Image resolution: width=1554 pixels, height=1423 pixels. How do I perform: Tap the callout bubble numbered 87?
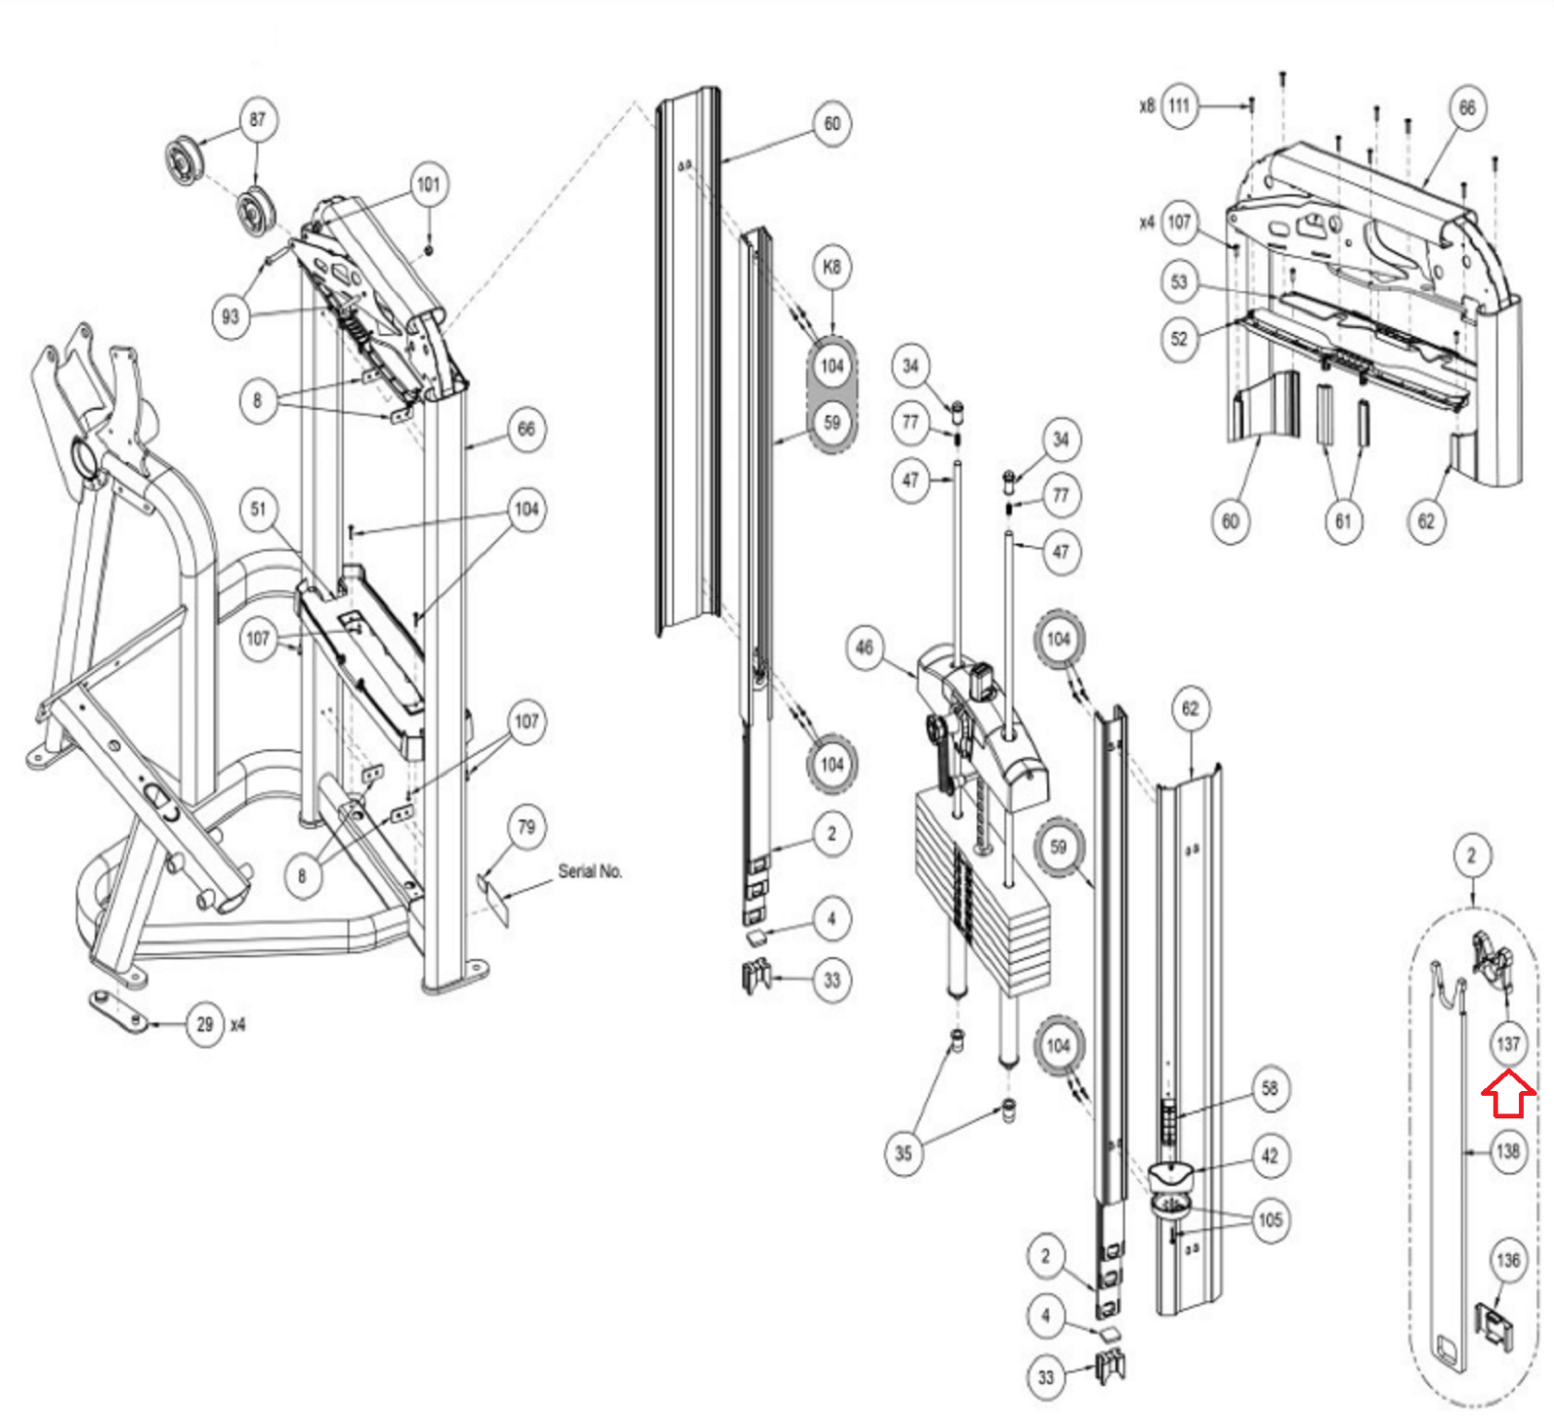click(257, 119)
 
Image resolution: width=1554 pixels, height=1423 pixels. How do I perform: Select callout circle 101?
click(428, 184)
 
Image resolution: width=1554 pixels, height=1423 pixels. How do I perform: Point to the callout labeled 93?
click(230, 316)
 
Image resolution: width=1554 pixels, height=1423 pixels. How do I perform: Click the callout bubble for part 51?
click(258, 509)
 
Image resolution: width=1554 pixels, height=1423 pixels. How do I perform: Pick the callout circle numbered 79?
click(526, 827)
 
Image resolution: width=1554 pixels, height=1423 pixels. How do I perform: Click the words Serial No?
click(590, 871)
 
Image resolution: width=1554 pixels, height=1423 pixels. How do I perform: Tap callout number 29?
click(205, 1024)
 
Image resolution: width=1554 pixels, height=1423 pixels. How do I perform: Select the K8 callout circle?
click(832, 267)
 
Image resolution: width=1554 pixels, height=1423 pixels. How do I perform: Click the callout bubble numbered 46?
click(864, 647)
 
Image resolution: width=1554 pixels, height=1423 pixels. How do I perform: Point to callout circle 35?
click(903, 1153)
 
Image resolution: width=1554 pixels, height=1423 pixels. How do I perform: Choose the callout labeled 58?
click(1269, 1088)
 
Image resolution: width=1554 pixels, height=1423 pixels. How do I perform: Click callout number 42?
click(1269, 1156)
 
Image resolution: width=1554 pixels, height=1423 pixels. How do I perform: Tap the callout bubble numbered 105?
click(1269, 1220)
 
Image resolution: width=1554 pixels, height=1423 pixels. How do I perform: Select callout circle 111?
click(1179, 105)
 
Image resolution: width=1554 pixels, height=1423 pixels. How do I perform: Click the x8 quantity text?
click(1147, 105)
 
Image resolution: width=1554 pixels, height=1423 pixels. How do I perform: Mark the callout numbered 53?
click(1179, 282)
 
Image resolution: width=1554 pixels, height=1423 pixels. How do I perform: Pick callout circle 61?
click(1343, 521)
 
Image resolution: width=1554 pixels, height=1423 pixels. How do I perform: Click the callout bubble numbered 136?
click(1508, 1260)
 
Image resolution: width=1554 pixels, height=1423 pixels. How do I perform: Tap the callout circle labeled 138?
click(1508, 1151)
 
